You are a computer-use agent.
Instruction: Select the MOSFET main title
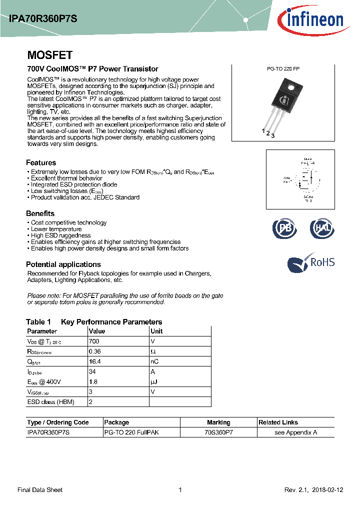[49, 55]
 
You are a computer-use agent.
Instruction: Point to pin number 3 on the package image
[273, 136]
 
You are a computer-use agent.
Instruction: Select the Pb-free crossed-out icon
[283, 228]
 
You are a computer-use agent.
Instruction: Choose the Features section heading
[41, 162]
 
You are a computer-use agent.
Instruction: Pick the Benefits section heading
[40, 213]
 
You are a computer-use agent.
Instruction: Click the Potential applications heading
[63, 264]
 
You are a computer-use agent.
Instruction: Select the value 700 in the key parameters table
[94, 341]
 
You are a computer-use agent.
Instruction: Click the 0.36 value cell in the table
[95, 351]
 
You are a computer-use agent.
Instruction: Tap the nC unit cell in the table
[154, 361]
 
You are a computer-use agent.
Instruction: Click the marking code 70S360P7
[218, 432]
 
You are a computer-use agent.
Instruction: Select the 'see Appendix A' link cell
[295, 432]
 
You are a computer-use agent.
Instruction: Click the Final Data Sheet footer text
[40, 490]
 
